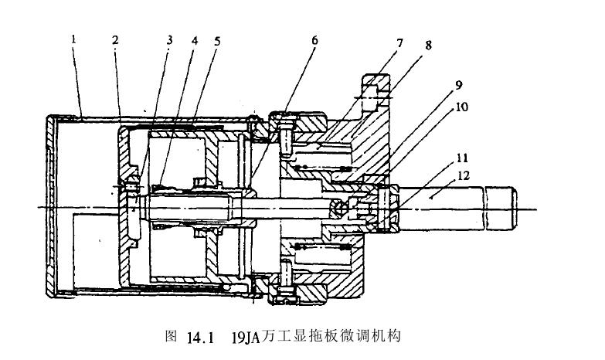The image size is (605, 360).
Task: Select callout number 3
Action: (x=169, y=40)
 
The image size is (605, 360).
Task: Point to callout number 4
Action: (x=194, y=40)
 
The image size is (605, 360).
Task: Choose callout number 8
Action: (x=427, y=45)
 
